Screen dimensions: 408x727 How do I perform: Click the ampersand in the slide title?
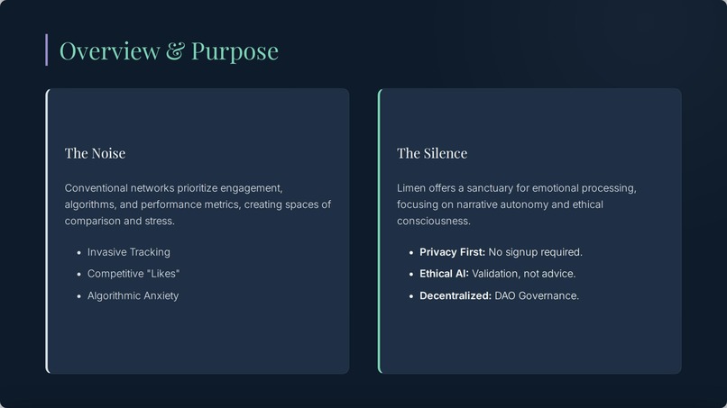coord(175,51)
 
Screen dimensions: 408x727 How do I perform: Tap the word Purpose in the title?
coord(235,51)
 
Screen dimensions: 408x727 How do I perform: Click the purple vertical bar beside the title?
coord(46,50)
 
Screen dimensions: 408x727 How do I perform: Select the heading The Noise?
coord(95,153)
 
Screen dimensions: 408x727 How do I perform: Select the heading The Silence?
coord(432,153)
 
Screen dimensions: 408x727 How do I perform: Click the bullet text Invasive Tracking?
coord(128,252)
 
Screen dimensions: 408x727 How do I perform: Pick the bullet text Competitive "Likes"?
coord(133,274)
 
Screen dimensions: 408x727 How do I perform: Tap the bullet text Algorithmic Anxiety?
coord(133,295)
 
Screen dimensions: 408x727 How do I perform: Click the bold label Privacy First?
coord(452,252)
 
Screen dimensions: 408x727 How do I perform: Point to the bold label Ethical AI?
coord(444,274)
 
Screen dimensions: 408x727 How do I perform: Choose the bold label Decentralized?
coord(455,295)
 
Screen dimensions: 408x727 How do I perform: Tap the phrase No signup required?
coord(535,252)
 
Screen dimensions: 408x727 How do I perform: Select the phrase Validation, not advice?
coord(523,274)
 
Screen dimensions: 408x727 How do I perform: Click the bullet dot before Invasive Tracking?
coord(79,253)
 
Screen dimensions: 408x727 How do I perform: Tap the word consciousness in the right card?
coord(433,221)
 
